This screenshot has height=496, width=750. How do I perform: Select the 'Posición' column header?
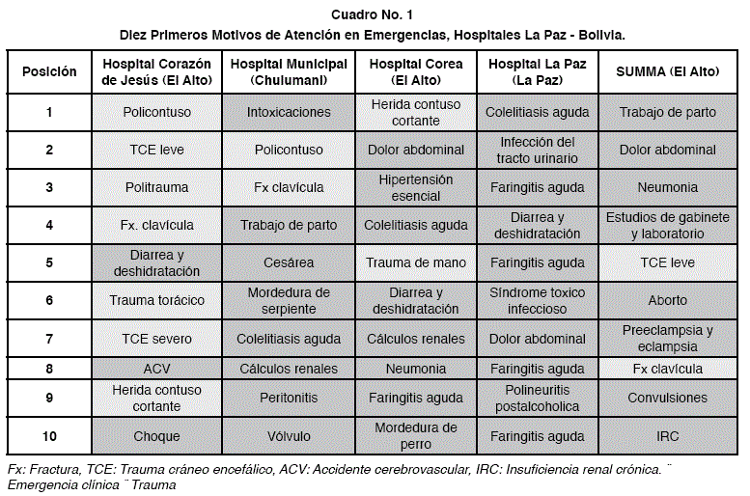[x=49, y=72]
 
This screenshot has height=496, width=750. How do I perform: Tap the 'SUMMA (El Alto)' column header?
[x=667, y=72]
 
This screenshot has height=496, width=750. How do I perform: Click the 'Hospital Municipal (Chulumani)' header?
[x=289, y=72]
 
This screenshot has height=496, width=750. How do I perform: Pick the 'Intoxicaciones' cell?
[x=289, y=112]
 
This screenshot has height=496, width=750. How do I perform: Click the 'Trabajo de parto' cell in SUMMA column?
[x=667, y=112]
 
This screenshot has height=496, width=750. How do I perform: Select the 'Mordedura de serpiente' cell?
[x=289, y=300]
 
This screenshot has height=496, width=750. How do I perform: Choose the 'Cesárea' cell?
[x=289, y=262]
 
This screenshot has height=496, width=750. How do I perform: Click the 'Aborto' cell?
[x=667, y=300]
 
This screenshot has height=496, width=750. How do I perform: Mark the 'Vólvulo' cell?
[x=289, y=436]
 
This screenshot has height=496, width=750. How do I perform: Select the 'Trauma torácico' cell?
[x=156, y=300]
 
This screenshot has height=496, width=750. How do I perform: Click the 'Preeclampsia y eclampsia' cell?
[x=667, y=338]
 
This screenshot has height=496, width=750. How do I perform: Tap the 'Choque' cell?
[x=156, y=436]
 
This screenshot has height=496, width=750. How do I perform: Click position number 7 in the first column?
[x=49, y=339]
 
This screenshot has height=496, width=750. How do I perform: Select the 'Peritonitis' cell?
[x=289, y=398]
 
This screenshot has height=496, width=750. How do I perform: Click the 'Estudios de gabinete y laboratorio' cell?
[x=667, y=225]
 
